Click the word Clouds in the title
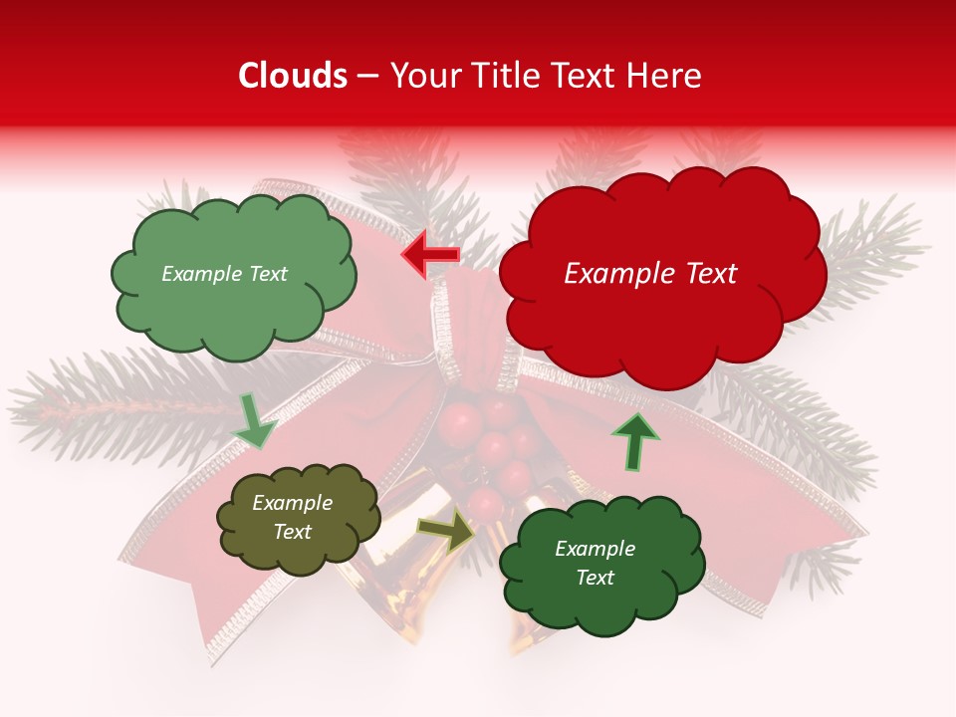[x=293, y=76]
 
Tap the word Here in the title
[x=666, y=76]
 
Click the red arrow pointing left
[x=430, y=255]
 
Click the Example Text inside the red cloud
[x=650, y=274]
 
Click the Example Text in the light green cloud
[x=224, y=274]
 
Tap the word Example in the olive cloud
[x=292, y=504]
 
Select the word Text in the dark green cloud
[x=595, y=578]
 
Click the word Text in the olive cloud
[x=292, y=532]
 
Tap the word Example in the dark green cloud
[x=595, y=549]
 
